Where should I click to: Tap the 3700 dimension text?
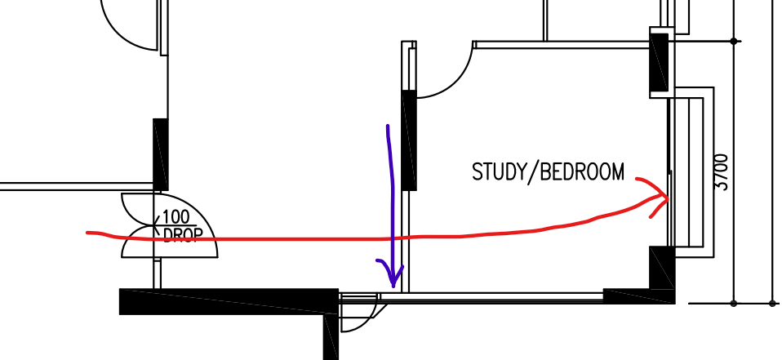click(722, 171)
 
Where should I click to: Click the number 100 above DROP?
click(176, 218)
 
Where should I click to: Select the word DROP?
click(182, 235)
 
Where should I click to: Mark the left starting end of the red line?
click(88, 233)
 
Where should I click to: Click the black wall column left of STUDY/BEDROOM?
click(410, 140)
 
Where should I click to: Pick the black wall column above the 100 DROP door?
click(160, 154)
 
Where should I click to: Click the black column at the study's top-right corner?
click(659, 62)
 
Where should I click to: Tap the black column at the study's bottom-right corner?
click(660, 269)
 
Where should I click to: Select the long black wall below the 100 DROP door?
click(229, 300)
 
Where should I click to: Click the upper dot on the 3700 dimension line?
click(735, 41)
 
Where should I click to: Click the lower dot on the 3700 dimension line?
click(735, 303)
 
